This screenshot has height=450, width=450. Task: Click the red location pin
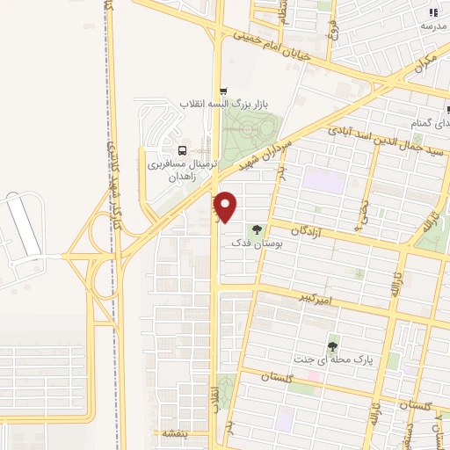click(x=226, y=205)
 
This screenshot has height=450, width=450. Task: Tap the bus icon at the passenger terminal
click(x=182, y=150)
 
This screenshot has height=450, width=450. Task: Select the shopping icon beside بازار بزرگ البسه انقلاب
click(x=223, y=91)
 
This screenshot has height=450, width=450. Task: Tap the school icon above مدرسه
click(x=432, y=12)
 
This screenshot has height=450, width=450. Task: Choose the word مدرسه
click(x=433, y=26)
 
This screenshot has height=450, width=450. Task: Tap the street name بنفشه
click(x=170, y=433)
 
